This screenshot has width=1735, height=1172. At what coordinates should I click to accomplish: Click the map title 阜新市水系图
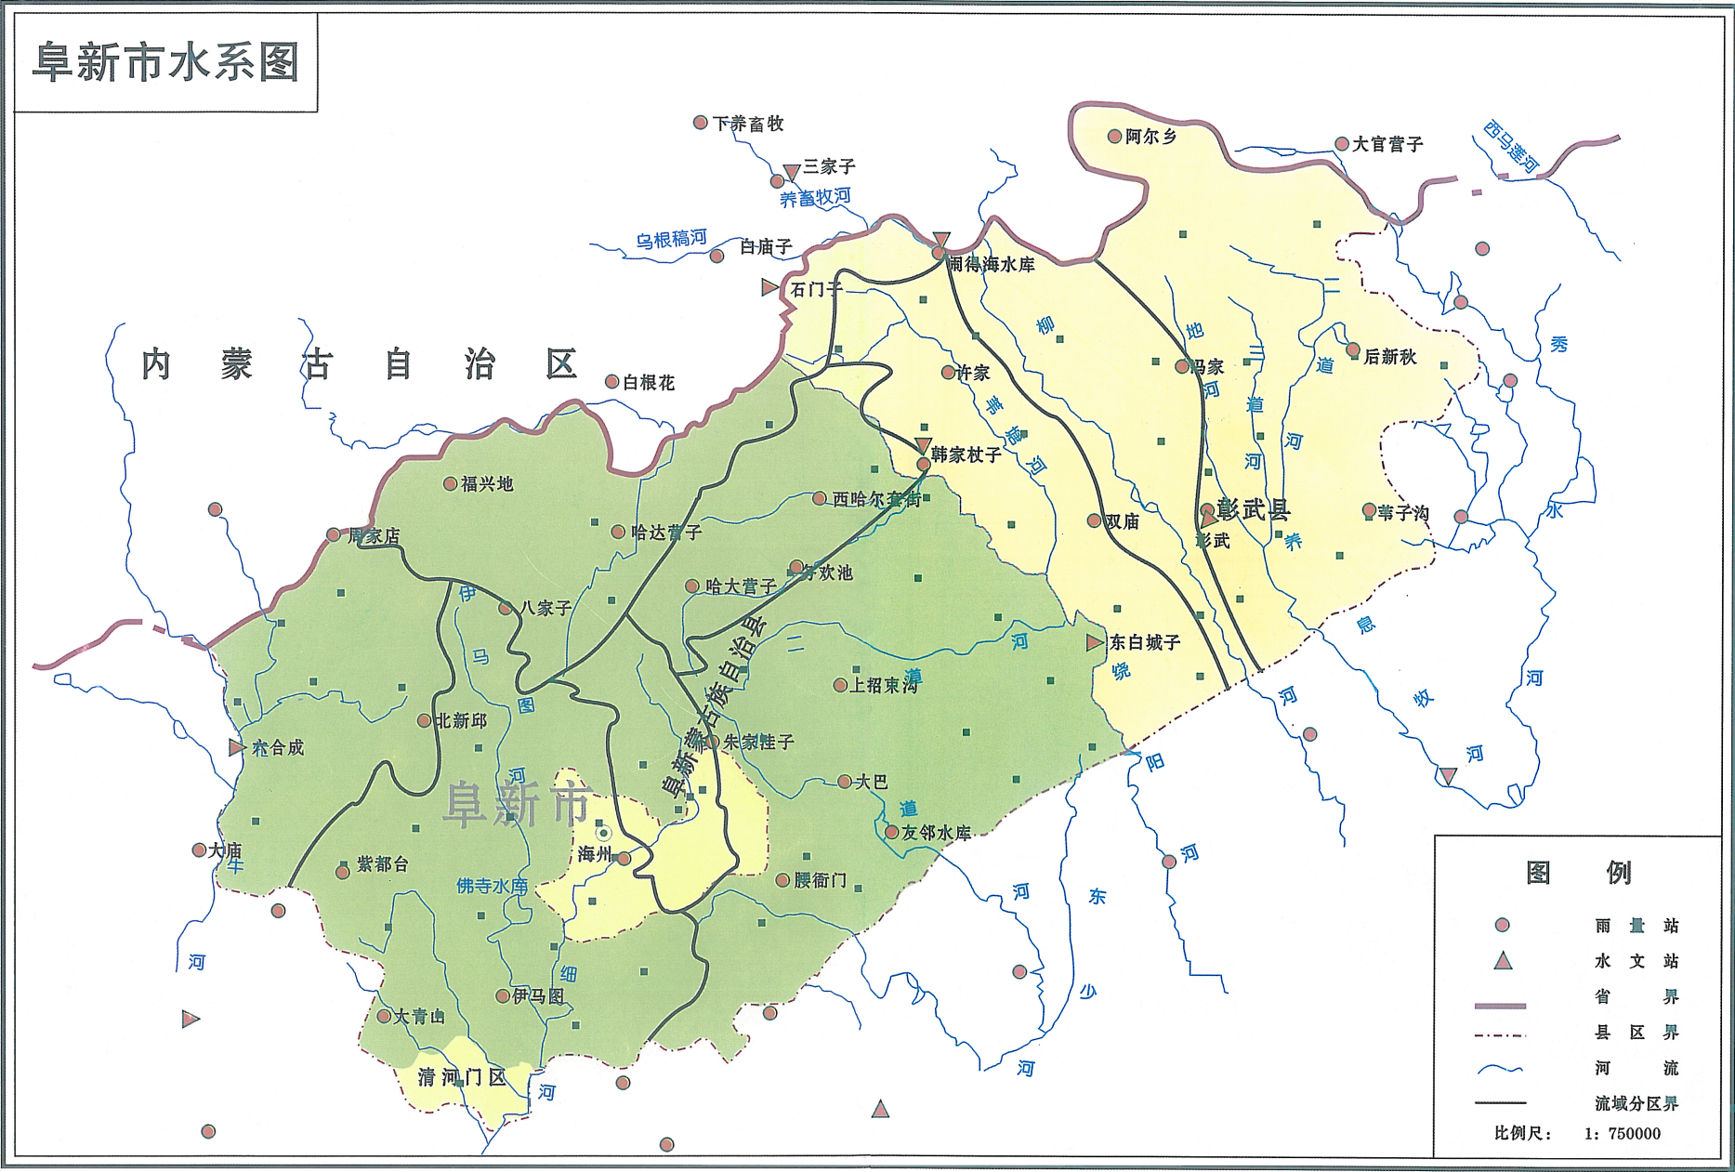pyautogui.click(x=165, y=63)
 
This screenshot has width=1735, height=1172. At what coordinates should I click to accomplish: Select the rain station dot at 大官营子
pyautogui.click(x=1342, y=144)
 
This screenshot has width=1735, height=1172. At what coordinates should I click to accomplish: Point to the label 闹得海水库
pyautogui.click(x=991, y=265)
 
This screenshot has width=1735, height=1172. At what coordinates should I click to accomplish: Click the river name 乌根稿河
pyautogui.click(x=671, y=239)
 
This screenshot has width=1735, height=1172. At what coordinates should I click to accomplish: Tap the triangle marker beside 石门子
pyautogui.click(x=769, y=288)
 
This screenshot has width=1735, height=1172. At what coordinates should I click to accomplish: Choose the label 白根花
pyautogui.click(x=649, y=382)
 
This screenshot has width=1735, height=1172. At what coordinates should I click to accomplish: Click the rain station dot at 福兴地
pyautogui.click(x=450, y=483)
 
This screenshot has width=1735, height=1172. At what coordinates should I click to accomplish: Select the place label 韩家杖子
pyautogui.click(x=966, y=454)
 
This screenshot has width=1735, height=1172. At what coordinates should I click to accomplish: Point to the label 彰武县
pyautogui.click(x=1254, y=509)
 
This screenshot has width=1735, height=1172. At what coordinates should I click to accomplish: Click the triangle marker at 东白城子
pyautogui.click(x=1095, y=642)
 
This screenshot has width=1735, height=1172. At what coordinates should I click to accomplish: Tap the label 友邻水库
pyautogui.click(x=937, y=833)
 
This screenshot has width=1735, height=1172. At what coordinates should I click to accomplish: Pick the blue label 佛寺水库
pyautogui.click(x=492, y=887)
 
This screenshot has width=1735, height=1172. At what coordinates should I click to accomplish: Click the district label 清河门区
pyautogui.click(x=462, y=1077)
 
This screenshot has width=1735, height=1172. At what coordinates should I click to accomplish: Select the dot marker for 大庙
pyautogui.click(x=199, y=849)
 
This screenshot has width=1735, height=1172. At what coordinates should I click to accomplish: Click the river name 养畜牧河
pyautogui.click(x=815, y=198)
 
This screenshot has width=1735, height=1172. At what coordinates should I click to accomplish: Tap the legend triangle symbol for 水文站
pyautogui.click(x=1503, y=961)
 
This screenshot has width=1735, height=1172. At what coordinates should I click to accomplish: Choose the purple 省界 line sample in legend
pyautogui.click(x=1500, y=1006)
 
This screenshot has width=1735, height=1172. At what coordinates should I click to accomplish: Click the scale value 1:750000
pyautogui.click(x=1622, y=1134)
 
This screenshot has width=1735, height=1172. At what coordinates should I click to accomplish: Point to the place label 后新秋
pyautogui.click(x=1390, y=357)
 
